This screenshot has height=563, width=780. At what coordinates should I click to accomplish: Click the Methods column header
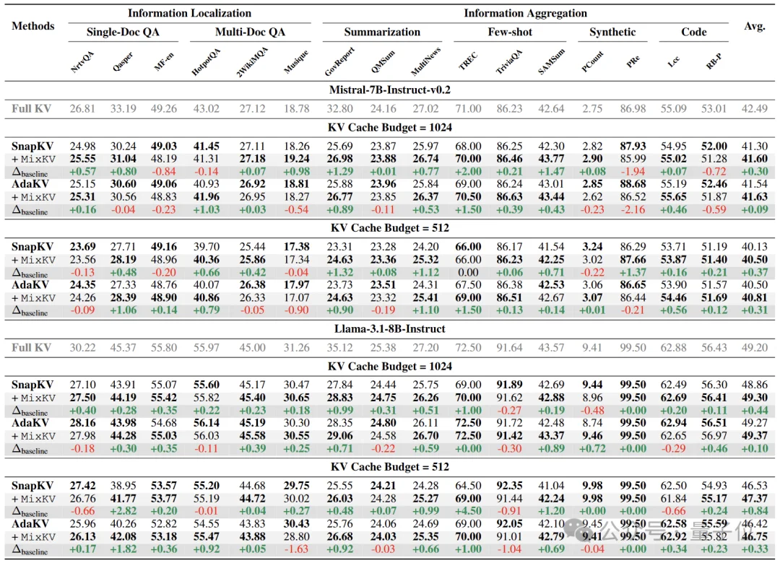[x=33, y=26]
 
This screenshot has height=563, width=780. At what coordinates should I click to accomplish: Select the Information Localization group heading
[x=190, y=13]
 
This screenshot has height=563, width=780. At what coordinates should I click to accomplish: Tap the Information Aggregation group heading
[x=525, y=13]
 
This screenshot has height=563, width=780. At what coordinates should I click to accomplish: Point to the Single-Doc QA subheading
[x=123, y=32]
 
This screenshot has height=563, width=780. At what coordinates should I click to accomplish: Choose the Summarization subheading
[x=382, y=32]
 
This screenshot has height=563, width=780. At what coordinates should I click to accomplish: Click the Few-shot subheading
[x=511, y=32]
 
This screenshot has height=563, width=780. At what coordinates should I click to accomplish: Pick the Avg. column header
[x=754, y=26]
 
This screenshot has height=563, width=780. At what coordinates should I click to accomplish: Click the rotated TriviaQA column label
[x=511, y=64]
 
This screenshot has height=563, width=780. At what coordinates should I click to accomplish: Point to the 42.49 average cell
[x=754, y=108]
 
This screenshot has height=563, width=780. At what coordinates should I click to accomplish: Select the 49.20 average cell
[x=754, y=347]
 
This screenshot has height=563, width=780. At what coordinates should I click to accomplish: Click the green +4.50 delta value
[x=468, y=511]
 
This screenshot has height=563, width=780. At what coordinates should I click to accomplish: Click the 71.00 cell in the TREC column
[x=468, y=108]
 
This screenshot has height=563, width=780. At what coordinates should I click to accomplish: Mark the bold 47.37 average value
[x=754, y=499]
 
